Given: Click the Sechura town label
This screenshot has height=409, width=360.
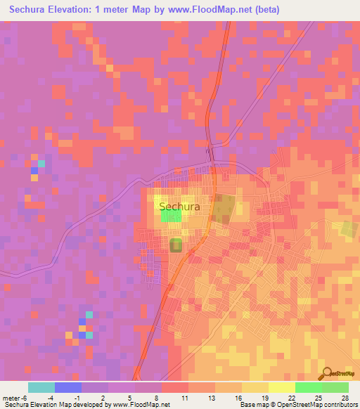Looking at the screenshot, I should [x=179, y=207].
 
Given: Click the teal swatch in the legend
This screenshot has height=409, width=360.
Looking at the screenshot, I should [x=41, y=387].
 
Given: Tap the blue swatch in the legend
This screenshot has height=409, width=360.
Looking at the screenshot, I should [x=68, y=387].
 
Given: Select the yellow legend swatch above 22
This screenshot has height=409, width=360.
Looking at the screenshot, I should [x=282, y=387].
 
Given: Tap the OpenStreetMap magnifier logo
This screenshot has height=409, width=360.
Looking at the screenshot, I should [x=326, y=373].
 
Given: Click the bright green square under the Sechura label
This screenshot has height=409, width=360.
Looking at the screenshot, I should [x=171, y=216].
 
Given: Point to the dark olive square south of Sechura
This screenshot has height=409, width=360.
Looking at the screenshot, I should [x=176, y=245].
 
